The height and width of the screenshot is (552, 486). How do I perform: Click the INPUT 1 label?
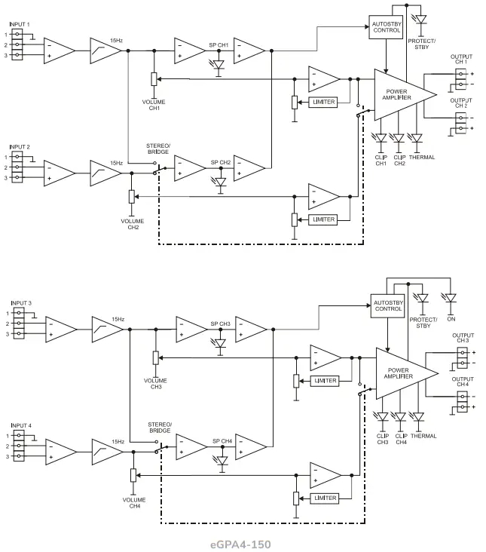pyautogui.click(x=20, y=25)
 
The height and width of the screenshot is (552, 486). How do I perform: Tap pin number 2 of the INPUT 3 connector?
pyautogui.click(x=8, y=324)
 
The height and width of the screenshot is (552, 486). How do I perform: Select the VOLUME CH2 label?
pyautogui.click(x=133, y=223)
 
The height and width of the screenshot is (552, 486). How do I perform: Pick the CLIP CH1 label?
pyautogui.click(x=381, y=161)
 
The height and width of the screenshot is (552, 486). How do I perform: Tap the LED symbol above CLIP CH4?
pyautogui.click(x=400, y=416)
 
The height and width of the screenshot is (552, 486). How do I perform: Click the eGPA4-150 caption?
pyautogui.click(x=241, y=543)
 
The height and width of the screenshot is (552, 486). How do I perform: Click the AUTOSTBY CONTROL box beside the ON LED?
pyautogui.click(x=387, y=306)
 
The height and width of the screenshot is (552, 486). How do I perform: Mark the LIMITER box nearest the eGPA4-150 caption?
pyautogui.click(x=325, y=498)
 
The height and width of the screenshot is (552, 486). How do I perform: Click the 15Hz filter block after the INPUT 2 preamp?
pyautogui.click(x=105, y=173)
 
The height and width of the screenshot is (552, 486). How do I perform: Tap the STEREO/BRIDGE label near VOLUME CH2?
pyautogui.click(x=158, y=149)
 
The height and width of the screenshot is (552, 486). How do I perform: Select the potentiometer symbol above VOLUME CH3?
pyautogui.click(x=155, y=358)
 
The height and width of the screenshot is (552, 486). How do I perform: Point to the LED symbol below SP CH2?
pyautogui.click(x=220, y=182)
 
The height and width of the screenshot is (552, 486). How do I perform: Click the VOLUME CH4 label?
pyautogui.click(x=134, y=502)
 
